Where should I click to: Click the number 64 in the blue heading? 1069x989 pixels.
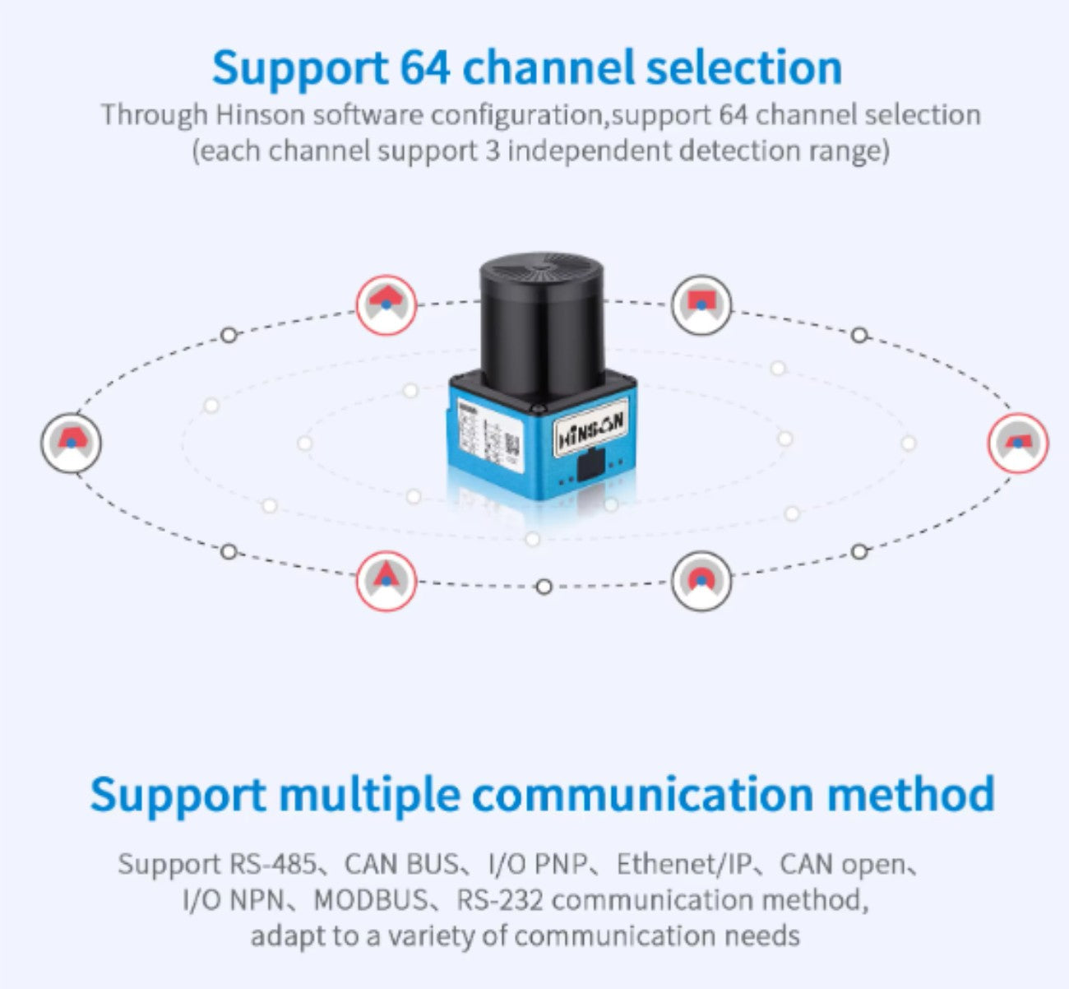point(425,67)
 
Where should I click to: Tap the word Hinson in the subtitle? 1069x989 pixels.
point(260,114)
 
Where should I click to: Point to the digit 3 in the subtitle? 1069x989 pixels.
point(493,151)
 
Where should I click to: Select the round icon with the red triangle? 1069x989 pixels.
point(386,581)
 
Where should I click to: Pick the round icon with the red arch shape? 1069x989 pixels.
point(701,581)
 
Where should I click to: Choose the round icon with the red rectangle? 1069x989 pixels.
point(701,305)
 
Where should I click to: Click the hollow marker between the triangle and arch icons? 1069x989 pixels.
point(544,587)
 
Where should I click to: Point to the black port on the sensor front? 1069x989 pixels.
point(590,464)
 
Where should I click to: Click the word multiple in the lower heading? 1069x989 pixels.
point(369,795)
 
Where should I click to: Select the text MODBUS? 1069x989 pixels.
point(372,899)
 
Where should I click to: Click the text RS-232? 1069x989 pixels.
point(499,899)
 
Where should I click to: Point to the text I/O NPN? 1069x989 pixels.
point(234,899)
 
